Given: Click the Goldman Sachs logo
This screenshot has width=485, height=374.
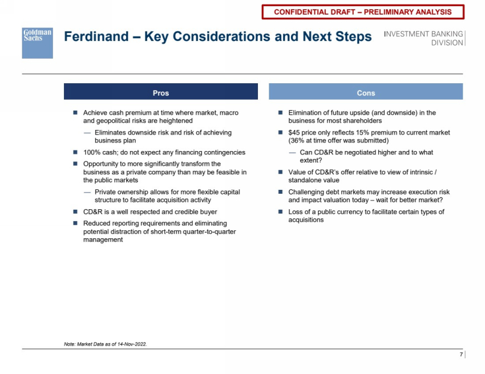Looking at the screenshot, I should click(x=37, y=43).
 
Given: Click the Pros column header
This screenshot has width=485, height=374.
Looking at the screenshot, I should click(x=160, y=92).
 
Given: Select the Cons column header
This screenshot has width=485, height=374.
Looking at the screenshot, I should click(x=366, y=92).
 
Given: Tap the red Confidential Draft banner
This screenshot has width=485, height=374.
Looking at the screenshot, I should click(x=362, y=12).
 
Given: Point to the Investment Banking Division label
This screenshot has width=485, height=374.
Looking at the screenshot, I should click(x=423, y=38).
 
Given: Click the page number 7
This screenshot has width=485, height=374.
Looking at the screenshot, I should click(x=461, y=355).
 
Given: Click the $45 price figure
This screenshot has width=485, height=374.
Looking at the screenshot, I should click(x=296, y=133).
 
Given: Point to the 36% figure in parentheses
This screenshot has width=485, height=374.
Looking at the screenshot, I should click(x=297, y=141).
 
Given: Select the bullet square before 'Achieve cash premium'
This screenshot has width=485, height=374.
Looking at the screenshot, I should click(x=75, y=113).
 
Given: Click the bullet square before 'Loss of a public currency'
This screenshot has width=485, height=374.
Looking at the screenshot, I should click(x=280, y=212).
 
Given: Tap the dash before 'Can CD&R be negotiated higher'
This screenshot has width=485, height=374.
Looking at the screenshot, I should click(x=293, y=153).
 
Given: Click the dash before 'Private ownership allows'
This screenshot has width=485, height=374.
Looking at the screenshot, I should click(x=87, y=192).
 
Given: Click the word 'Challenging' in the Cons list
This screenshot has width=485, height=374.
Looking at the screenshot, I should click(x=308, y=192).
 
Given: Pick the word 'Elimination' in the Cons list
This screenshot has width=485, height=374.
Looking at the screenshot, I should click(x=306, y=113).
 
